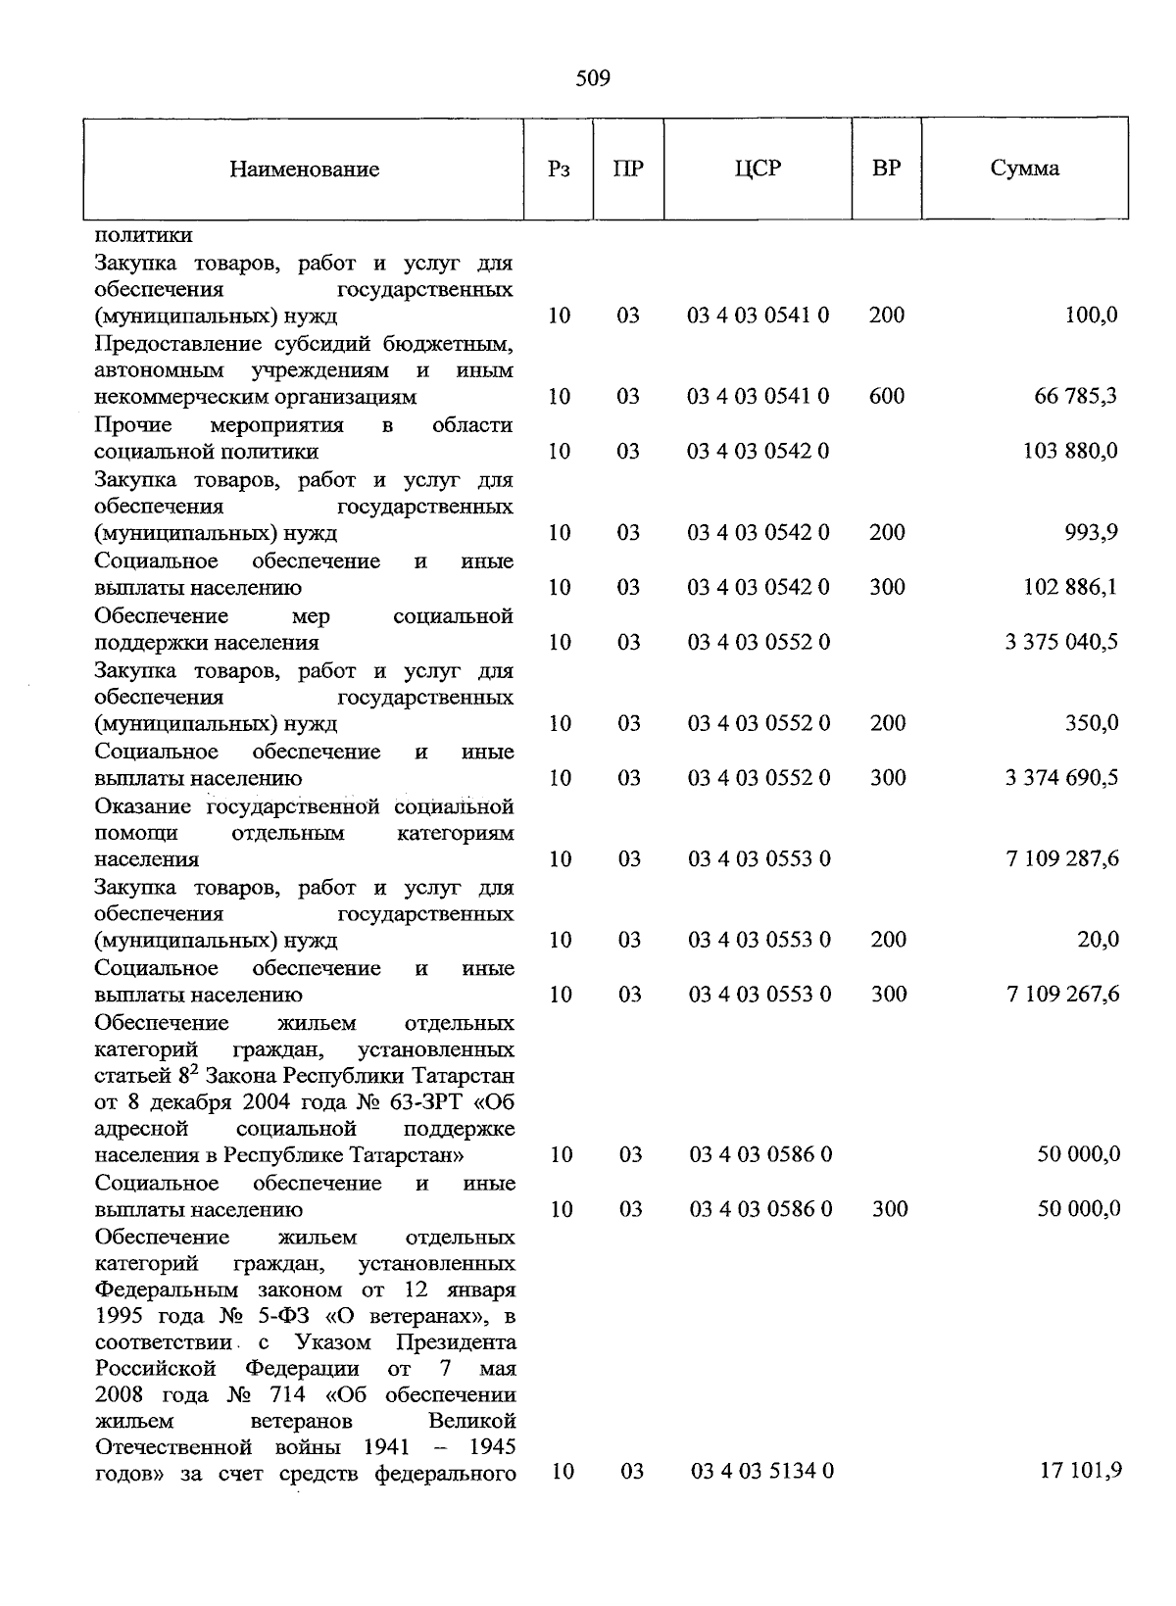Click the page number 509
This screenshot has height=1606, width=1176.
(x=593, y=78)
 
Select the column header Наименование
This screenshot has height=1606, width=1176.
(x=304, y=170)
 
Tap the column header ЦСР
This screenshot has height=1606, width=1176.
(x=758, y=169)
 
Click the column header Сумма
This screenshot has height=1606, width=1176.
(x=1024, y=169)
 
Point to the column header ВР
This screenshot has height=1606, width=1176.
(x=886, y=169)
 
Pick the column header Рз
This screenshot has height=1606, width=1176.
(x=559, y=170)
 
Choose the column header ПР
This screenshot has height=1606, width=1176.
(x=628, y=169)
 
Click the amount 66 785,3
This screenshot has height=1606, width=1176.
(x=1076, y=397)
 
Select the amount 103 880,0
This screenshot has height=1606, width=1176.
(x=1069, y=452)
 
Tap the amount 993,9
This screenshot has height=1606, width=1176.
(x=1091, y=533)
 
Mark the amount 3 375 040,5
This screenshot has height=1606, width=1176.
(x=1061, y=643)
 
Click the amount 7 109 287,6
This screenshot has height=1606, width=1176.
(x=1062, y=859)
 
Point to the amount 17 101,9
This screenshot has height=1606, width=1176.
(x=1080, y=1471)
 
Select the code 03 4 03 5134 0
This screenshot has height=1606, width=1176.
(x=762, y=1472)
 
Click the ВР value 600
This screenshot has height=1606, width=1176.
(x=887, y=397)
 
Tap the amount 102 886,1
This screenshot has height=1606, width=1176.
(x=1069, y=588)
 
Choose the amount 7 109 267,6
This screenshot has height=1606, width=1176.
(x=1062, y=995)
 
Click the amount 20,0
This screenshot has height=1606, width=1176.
(x=1098, y=941)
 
